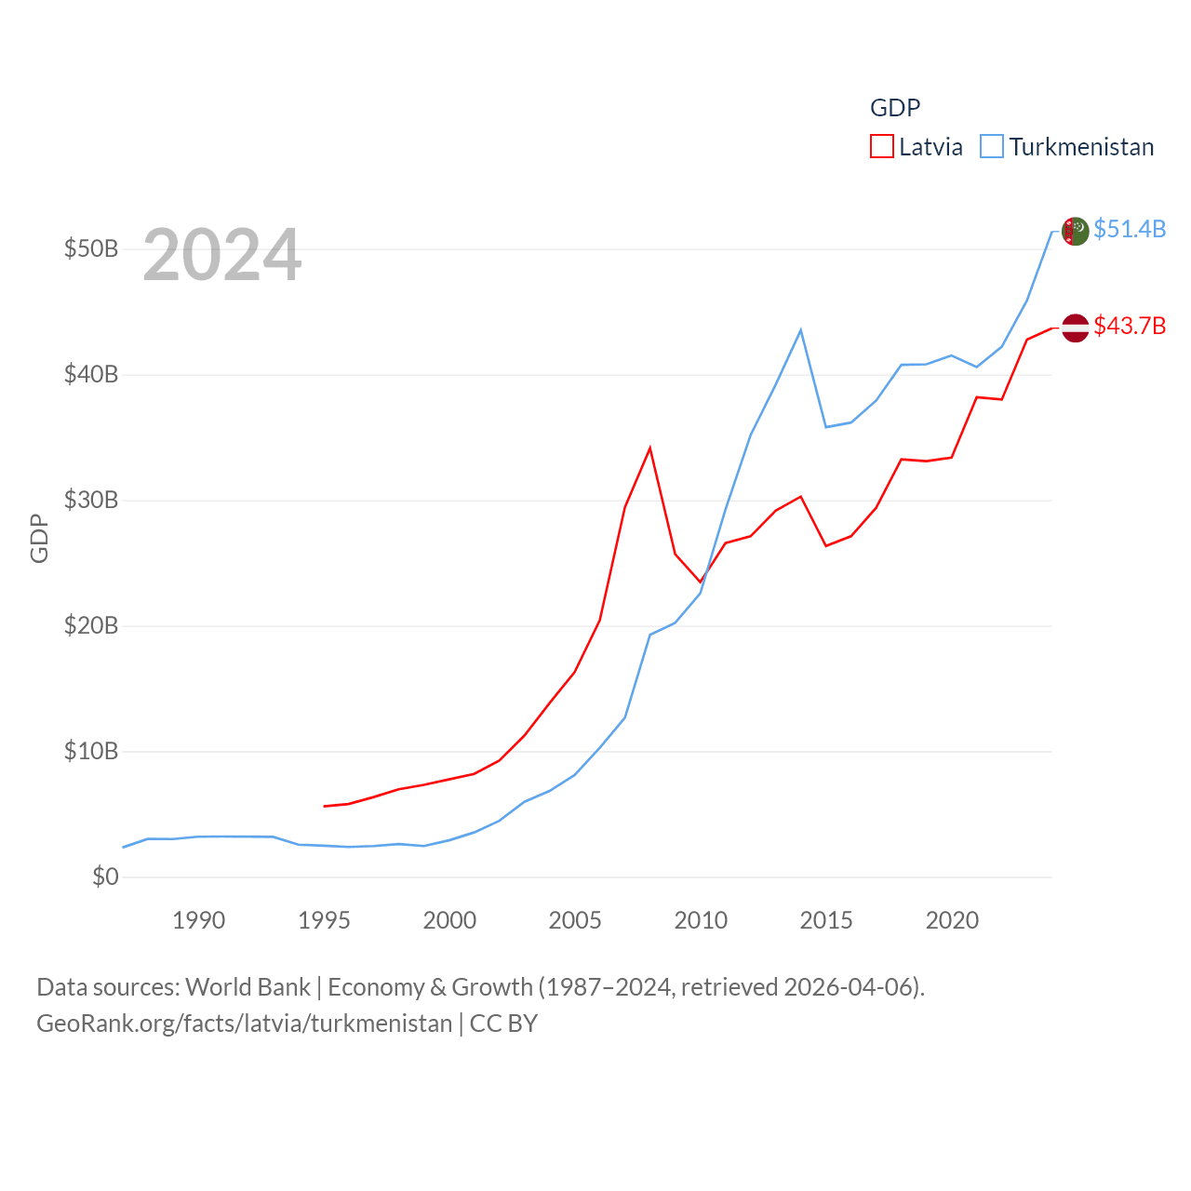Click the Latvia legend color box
pyautogui.click(x=881, y=147)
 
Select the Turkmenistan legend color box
pyautogui.click(x=992, y=147)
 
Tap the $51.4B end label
pyautogui.click(x=1130, y=229)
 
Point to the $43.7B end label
pyautogui.click(x=1130, y=326)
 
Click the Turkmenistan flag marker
pyautogui.click(x=1075, y=231)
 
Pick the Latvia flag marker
pyautogui.click(x=1075, y=328)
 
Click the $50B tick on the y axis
pyautogui.click(x=91, y=249)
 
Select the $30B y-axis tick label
pyautogui.click(x=91, y=501)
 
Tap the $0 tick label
pyautogui.click(x=105, y=877)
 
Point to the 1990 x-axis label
pyautogui.click(x=198, y=920)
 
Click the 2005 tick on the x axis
pyautogui.click(x=575, y=920)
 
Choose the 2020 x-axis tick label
pyautogui.click(x=952, y=920)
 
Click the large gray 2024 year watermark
pyautogui.click(x=222, y=254)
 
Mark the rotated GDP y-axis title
pyautogui.click(x=39, y=538)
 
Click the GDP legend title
pyautogui.click(x=895, y=108)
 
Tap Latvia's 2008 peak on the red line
pyautogui.click(x=649, y=448)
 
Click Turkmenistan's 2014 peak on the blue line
pyautogui.click(x=800, y=330)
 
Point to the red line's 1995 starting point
pyautogui.click(x=324, y=806)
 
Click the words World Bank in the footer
pyautogui.click(x=248, y=986)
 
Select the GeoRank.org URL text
pyautogui.click(x=244, y=1024)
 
